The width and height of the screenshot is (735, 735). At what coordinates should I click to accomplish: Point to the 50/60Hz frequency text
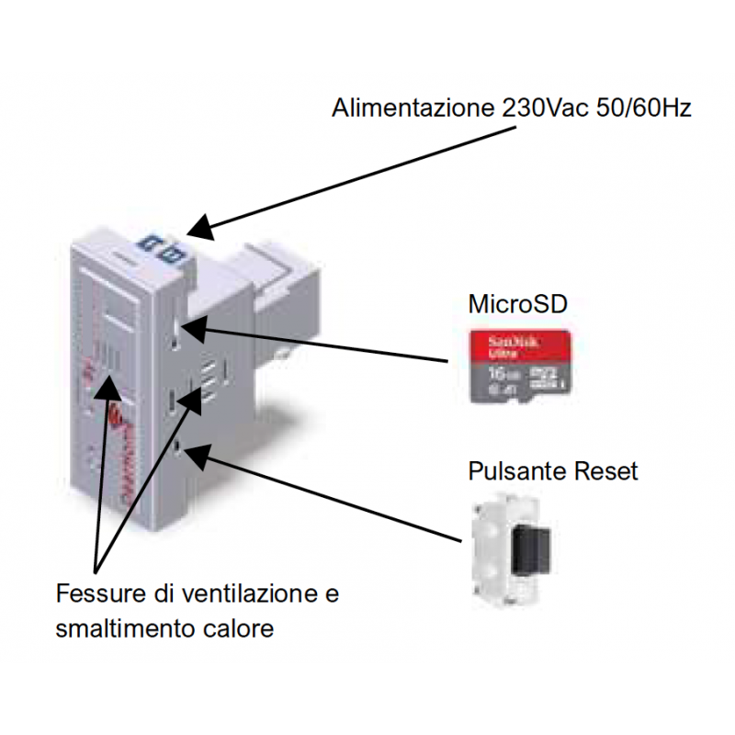click(642, 108)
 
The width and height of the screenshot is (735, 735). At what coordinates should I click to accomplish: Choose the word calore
click(235, 629)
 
